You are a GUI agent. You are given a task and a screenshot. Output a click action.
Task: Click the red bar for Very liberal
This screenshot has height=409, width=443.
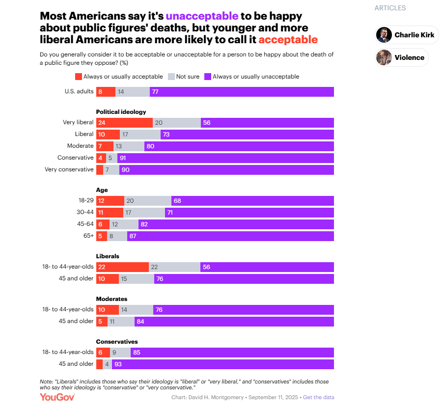pos(124,123)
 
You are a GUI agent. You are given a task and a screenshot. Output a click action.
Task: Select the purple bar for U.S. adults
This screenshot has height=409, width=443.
pos(242,92)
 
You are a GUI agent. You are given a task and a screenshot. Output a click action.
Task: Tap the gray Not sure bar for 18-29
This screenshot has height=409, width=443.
pos(148,201)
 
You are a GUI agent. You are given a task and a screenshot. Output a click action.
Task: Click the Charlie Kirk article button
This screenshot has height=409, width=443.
pos(407,35)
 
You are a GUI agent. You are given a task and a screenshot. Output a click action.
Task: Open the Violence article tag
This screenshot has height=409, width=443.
pos(402,57)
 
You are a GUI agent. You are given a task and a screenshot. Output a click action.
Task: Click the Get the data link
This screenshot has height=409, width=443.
pos(318,397)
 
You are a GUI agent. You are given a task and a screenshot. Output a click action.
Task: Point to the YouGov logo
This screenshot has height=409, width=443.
pos(57,397)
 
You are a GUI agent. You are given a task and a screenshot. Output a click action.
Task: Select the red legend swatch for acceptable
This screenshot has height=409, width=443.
pos(79,77)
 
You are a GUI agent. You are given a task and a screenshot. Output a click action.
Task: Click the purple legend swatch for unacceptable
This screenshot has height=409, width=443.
pos(208,77)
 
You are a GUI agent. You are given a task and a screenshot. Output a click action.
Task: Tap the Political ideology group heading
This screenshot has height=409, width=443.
pos(121,112)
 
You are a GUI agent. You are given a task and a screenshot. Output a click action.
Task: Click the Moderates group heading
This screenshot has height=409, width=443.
pos(111,299)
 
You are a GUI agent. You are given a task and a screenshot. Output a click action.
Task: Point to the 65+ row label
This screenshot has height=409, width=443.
pos(88,236)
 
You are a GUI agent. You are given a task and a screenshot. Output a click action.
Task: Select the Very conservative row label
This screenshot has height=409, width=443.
pos(69,169)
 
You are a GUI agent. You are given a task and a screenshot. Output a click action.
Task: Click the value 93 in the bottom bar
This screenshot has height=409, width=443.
pos(118,364)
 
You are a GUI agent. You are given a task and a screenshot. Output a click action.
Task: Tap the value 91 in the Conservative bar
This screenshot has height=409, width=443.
pos(123,158)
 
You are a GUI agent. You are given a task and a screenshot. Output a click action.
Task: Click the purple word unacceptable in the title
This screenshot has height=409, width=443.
pos(202,16)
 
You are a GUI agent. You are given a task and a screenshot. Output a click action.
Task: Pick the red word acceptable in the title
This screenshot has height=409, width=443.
pos(288,40)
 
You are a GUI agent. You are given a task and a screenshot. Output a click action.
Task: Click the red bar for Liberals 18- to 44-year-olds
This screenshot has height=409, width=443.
pos(122,267)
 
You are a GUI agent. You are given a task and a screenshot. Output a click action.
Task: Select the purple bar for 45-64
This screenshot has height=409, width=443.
pos(236,224)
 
